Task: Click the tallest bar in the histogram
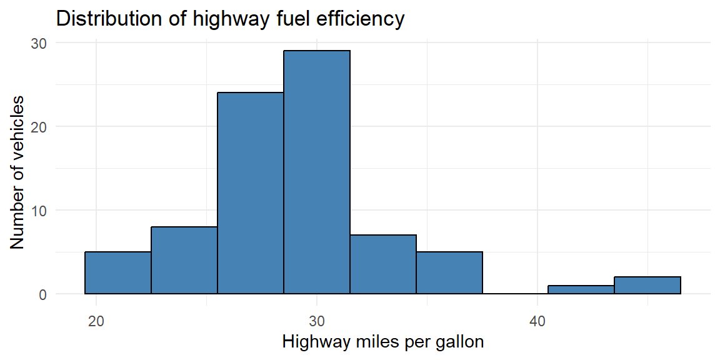(317, 172)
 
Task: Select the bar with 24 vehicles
(250, 193)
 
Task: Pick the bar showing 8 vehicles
(184, 261)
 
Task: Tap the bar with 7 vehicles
(383, 264)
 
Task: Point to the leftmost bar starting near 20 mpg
(118, 272)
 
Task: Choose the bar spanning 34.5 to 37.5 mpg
(449, 272)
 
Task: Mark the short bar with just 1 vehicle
(581, 290)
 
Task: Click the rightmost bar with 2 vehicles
(647, 286)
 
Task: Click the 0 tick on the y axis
(42, 294)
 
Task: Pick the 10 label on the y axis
(39, 210)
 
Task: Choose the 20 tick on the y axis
(39, 126)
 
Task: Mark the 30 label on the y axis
(39, 42)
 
